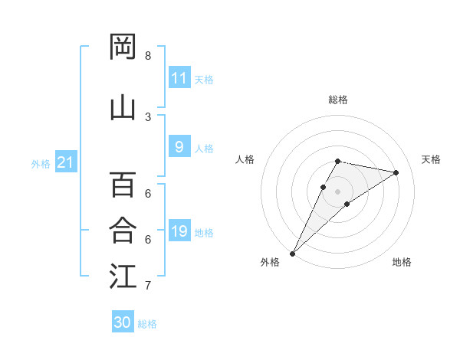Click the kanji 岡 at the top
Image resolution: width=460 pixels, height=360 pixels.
pos(123,47)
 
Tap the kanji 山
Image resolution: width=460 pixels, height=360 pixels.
pos(123,107)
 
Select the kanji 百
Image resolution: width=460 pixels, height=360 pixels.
pos(123,184)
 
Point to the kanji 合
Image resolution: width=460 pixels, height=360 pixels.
pos(123,230)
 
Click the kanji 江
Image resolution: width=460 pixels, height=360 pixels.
pos(123,276)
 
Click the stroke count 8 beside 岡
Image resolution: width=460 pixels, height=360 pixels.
pos(148,56)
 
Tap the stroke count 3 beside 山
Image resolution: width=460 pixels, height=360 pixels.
pos(148,116)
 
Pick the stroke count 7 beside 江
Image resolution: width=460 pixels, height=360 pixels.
pos(148,286)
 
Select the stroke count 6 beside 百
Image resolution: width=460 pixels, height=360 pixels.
pos(148,194)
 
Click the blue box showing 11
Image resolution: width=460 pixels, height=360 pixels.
pos(179,78)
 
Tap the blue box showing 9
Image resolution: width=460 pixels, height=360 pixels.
pos(179,147)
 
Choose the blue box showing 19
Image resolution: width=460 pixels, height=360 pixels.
pos(179,231)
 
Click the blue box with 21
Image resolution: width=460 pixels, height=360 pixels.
pos(65,162)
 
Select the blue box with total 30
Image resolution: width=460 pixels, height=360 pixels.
pos(123,322)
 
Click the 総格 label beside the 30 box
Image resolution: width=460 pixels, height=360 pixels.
pos(148,324)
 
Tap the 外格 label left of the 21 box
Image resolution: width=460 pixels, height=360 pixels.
pos(41,163)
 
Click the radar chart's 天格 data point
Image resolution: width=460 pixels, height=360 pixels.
pos(396,172)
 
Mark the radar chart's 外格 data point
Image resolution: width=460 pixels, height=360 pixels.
pos(293,253)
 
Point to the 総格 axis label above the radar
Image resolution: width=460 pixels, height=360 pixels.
pos(338,100)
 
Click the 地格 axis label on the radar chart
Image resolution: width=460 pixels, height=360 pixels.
pos(402,262)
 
